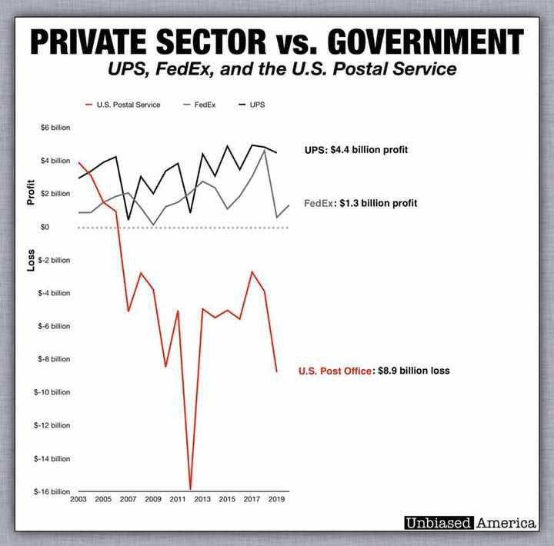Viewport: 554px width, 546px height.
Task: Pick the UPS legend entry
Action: point(257,105)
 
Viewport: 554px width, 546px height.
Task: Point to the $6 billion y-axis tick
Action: point(55,128)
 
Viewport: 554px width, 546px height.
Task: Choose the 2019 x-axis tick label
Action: point(275,500)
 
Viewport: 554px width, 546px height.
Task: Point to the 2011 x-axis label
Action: point(178,500)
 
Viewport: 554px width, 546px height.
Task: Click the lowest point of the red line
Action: point(190,488)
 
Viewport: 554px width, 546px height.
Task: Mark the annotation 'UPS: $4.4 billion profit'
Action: point(355,150)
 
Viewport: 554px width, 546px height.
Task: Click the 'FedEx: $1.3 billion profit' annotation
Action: point(360,204)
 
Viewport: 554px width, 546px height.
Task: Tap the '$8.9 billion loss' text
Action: point(413,371)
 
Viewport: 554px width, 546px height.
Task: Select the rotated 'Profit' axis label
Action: point(32,191)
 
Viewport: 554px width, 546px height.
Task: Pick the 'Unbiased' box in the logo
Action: point(438,523)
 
